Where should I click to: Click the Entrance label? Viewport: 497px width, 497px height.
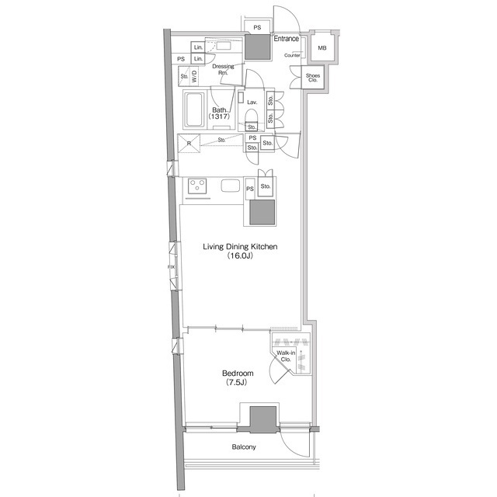pos(287,38)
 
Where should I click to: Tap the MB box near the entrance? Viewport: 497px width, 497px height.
pos(321,49)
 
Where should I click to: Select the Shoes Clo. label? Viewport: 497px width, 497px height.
pos(314,77)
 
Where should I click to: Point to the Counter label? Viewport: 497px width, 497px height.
pos(293,56)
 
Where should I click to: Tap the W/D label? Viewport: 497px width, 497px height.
pos(195,76)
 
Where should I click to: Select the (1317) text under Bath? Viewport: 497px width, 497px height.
pos(220,120)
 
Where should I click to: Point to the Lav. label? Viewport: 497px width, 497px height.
pos(252,102)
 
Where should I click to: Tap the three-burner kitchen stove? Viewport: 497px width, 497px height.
pos(198,186)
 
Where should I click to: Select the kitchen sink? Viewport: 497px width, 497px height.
pos(231,186)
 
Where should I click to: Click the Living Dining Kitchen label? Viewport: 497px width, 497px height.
pos(240,247)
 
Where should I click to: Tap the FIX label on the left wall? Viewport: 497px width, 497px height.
pos(172,269)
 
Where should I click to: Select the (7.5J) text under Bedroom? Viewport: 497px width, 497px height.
pos(236,384)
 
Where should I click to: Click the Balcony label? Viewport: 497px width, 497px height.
pos(244,447)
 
